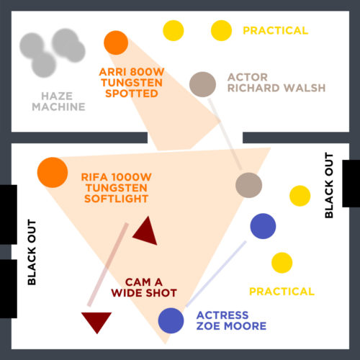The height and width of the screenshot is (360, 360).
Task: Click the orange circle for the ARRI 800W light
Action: pos(116,42)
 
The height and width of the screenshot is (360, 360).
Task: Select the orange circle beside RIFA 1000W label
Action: pos(53,172)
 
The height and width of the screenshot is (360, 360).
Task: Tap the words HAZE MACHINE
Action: pos(58,102)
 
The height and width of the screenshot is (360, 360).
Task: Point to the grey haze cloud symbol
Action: pos(53,53)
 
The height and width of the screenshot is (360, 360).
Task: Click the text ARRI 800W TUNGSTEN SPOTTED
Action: pos(132,83)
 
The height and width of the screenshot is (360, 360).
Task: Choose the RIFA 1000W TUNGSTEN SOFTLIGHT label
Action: pos(117,188)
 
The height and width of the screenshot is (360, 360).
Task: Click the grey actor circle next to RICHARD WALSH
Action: pos(202,84)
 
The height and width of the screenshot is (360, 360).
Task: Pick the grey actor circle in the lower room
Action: pos(248,185)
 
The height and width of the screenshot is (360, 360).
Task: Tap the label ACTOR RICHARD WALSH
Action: pos(276,83)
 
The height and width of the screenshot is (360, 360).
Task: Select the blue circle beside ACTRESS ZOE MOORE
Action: pos(171,320)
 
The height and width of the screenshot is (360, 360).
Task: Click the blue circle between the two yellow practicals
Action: pos(263,226)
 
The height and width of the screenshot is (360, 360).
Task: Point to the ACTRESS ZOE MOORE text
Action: pos(231,320)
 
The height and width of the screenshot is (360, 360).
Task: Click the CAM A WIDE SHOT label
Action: pos(144,287)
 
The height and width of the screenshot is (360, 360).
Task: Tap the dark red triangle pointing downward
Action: pos(96,320)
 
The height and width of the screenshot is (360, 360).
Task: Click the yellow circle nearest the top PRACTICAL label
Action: pos(221,30)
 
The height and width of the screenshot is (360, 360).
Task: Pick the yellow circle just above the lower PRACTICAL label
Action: pos(282,263)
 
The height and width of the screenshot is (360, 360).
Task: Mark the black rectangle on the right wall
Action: pos(351,184)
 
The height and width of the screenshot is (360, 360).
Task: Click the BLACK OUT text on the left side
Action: pos(32,252)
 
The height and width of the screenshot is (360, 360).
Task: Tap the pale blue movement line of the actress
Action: pos(216,274)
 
